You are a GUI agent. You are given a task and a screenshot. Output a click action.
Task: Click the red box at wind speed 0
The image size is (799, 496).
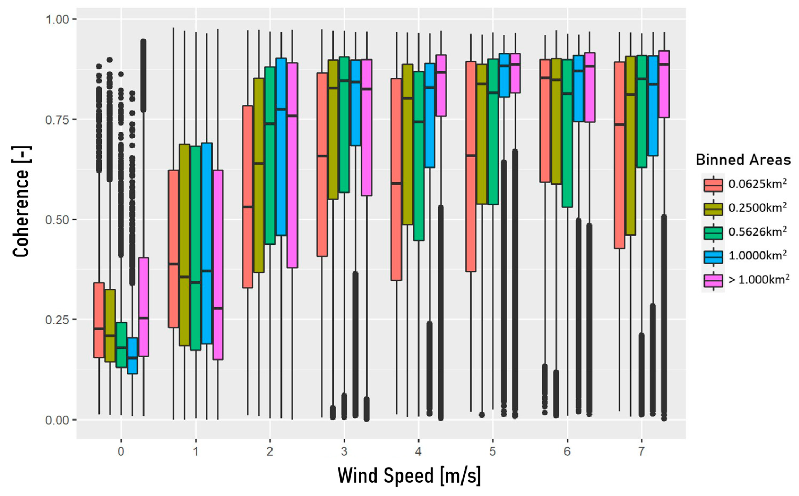99,320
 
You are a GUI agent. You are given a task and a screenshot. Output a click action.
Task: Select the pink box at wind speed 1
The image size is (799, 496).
218,265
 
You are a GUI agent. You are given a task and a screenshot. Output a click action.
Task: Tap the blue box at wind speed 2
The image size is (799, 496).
281,147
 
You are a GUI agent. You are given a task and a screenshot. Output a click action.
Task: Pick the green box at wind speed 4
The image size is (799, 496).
419,156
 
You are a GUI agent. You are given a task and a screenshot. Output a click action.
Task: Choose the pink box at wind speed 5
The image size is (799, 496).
515,73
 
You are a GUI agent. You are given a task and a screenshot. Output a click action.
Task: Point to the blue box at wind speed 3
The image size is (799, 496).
355,103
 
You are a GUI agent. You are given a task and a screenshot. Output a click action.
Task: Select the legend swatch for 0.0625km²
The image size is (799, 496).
713,185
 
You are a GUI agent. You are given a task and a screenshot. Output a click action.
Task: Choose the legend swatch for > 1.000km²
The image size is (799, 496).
713,280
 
